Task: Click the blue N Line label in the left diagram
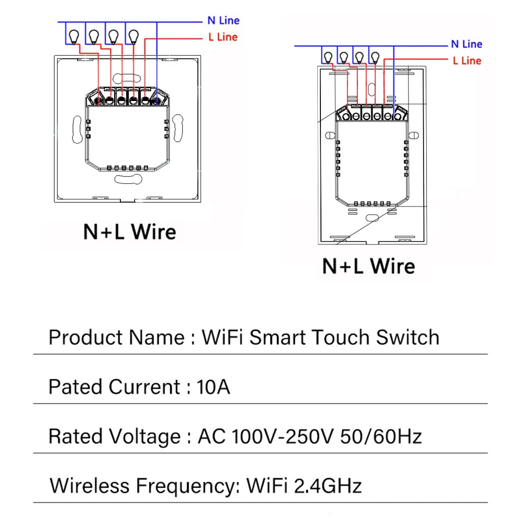point(223,20)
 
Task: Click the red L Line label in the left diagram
point(222,37)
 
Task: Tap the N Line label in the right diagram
point(466,44)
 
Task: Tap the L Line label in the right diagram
point(467,60)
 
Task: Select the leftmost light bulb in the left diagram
point(73,35)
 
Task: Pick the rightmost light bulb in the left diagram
point(134,35)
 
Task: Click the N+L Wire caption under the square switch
point(130,232)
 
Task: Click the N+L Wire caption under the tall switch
point(369,266)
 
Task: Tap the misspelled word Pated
point(76,387)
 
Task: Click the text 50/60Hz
point(380,436)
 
